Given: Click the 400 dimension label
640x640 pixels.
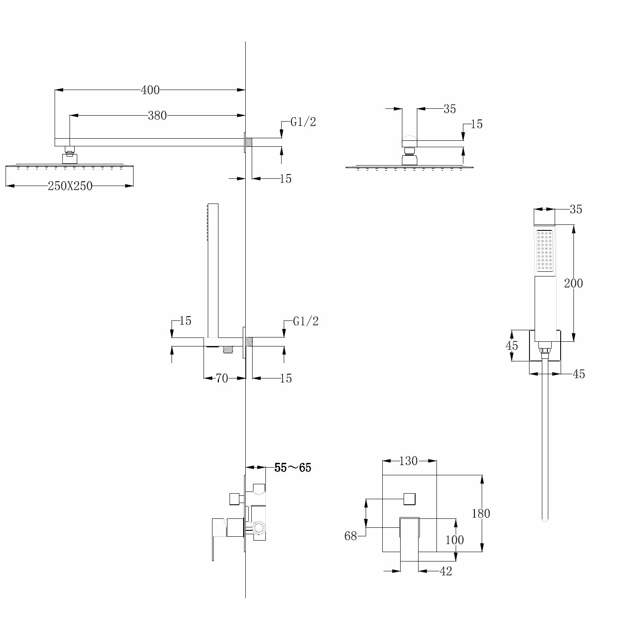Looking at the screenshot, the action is coord(150,90).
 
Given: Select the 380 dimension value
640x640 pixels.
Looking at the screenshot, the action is coord(157,115).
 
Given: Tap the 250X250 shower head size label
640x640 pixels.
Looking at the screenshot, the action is coord(70,186).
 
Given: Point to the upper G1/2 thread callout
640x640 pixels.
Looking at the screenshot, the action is coord(303,122).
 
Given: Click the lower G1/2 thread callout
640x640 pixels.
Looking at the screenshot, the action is coord(306,321).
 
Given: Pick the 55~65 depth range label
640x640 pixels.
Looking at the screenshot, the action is coord(293,468).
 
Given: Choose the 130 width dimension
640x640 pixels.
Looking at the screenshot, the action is coord(409,461).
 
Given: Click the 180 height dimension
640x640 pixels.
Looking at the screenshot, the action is coord(481,513).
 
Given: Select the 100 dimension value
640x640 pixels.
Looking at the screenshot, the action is coord(454,540).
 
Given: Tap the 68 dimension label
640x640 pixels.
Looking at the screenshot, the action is coord(351,536).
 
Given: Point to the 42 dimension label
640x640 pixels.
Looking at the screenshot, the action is coord(445,571).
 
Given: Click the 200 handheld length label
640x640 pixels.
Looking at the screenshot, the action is coord(573,283).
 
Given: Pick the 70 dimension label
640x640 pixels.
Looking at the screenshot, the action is coord(222,378).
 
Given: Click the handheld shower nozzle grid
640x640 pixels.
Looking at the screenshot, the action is coord(545,251).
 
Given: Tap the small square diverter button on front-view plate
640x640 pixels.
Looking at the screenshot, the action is coord(410,498).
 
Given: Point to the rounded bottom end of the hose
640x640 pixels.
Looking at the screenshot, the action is coord(544,519).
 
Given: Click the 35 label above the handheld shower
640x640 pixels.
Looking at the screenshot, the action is coord(576,209).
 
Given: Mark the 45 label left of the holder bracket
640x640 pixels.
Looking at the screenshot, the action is coord(512,345).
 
